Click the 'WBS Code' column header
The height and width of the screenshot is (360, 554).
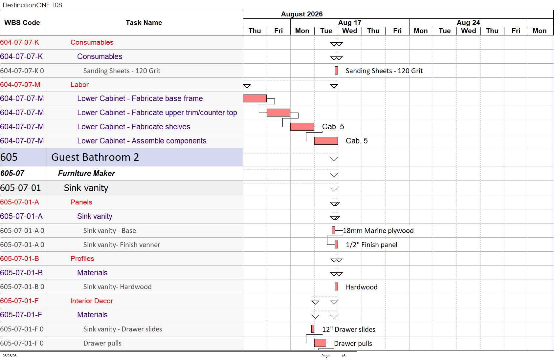pos(22,23)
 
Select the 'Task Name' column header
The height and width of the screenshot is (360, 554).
pos(144,23)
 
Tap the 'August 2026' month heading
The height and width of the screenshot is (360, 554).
pos(302,14)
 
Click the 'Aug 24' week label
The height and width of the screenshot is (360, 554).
pos(468,23)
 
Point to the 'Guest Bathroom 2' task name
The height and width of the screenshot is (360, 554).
pos(95,157)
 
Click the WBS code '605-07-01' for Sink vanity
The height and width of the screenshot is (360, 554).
pos(21,188)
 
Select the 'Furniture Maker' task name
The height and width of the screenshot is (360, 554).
pos(86,173)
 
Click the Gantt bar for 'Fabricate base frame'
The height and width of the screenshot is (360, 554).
pos(255,98)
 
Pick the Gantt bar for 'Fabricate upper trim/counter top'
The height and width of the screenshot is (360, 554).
pos(278,113)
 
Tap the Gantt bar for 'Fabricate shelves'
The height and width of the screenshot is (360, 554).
pos(302,126)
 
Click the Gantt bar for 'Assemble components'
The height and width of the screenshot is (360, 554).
pos(326,140)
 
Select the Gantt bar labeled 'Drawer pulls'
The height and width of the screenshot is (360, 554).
pos(320,343)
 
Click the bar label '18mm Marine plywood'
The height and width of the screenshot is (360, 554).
pos(378,230)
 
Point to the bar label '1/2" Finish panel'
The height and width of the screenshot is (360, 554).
pos(371,244)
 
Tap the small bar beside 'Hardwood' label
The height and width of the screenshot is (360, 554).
pos(336,286)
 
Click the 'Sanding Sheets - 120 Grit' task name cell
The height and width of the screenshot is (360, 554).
pos(122,71)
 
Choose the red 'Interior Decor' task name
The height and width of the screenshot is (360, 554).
pos(92,301)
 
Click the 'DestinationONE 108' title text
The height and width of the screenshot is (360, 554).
pos(32,5)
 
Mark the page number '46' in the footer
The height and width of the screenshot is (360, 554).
pos(343,355)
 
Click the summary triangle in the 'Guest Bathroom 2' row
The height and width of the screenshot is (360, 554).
pos(334,159)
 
